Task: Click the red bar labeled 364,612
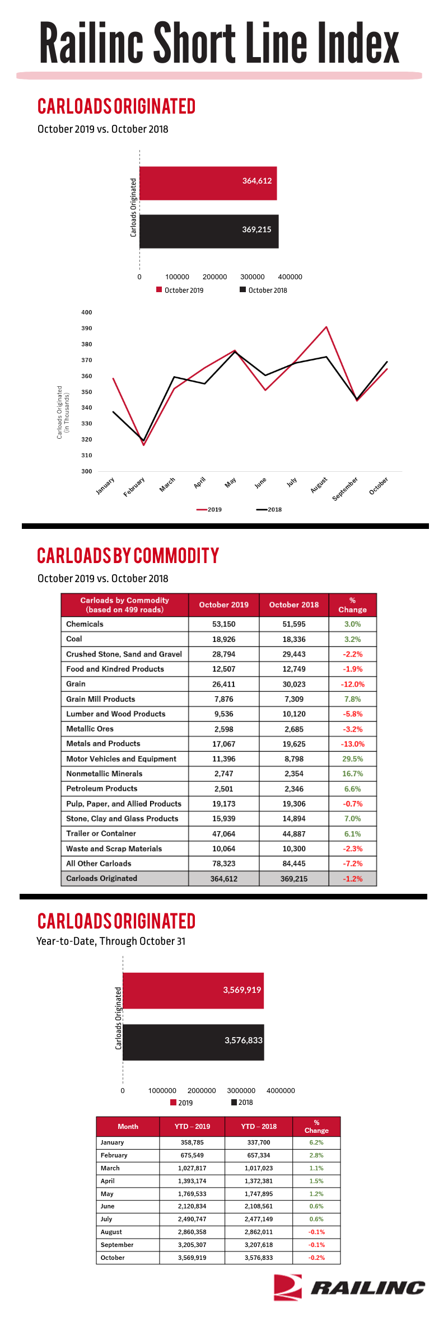click(x=208, y=183)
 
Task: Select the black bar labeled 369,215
click(x=209, y=231)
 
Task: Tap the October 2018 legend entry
click(x=263, y=290)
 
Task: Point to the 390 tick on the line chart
click(x=87, y=328)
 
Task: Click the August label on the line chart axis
click(x=319, y=485)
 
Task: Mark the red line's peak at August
click(x=326, y=327)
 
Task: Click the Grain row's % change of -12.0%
click(x=353, y=684)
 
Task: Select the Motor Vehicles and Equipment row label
click(x=121, y=758)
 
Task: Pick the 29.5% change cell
click(x=353, y=759)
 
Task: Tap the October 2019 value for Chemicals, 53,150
click(x=224, y=624)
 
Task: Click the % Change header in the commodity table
click(x=353, y=605)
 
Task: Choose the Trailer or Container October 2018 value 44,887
click(x=294, y=833)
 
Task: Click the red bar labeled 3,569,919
click(x=193, y=991)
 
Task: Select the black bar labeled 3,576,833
click(x=193, y=1042)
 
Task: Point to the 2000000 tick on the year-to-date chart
click(x=202, y=1090)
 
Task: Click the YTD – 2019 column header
click(x=192, y=1127)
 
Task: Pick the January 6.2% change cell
click(x=316, y=1142)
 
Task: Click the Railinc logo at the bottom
click(x=349, y=1287)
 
